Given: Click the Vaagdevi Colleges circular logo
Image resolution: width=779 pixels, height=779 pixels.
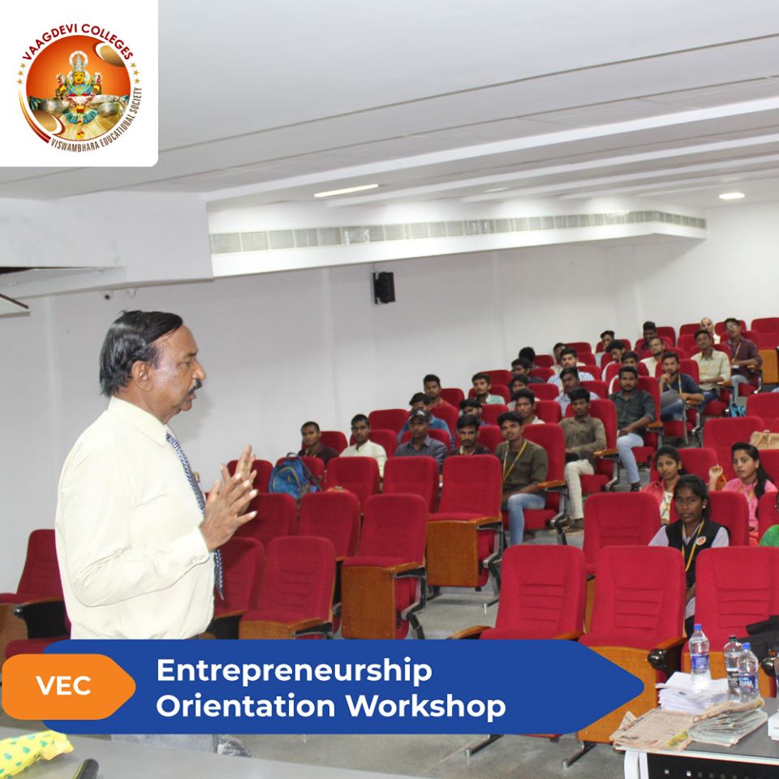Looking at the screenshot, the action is (x=80, y=84).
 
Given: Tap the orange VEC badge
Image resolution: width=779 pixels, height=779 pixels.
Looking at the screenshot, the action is (x=68, y=686).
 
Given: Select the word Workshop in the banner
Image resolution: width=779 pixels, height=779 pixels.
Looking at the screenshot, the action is (x=426, y=706).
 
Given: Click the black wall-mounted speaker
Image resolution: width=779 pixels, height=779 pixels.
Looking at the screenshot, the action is (x=384, y=287).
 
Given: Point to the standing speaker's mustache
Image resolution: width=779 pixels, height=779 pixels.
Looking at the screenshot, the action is (x=196, y=385).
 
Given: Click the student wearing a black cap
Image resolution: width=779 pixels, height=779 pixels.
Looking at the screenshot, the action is (x=421, y=437).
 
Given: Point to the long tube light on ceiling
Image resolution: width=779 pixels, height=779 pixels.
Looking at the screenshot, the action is (x=346, y=190).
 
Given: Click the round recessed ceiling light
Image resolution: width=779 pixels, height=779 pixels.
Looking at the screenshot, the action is (x=731, y=196).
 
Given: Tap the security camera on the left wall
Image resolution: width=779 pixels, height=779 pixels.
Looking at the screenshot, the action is (x=107, y=296).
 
